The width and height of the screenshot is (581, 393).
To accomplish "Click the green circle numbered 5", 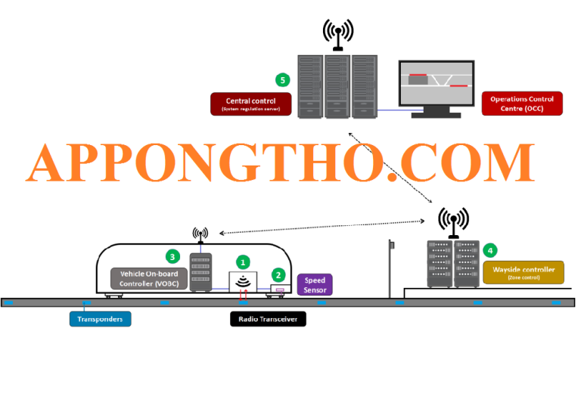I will click(282, 79).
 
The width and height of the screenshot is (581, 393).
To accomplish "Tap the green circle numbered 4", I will click(490, 249).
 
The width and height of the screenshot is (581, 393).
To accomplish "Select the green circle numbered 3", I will click(172, 256).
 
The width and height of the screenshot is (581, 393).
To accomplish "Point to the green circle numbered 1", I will click(243, 262).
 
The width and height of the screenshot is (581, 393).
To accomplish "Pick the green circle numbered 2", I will click(278, 276).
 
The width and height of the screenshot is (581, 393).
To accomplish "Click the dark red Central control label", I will click(250, 104).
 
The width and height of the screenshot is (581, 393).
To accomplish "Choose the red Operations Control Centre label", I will click(522, 103).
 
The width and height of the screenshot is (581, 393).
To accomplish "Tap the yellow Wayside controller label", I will click(524, 272).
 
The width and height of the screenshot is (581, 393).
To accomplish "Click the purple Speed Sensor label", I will click(315, 284).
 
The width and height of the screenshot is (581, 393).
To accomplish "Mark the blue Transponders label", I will click(101, 319).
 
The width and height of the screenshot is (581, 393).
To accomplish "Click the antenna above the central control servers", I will click(337, 34).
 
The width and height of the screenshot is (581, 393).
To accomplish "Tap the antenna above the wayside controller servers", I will click(454, 221).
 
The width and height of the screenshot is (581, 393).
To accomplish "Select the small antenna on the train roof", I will click(200, 235).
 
